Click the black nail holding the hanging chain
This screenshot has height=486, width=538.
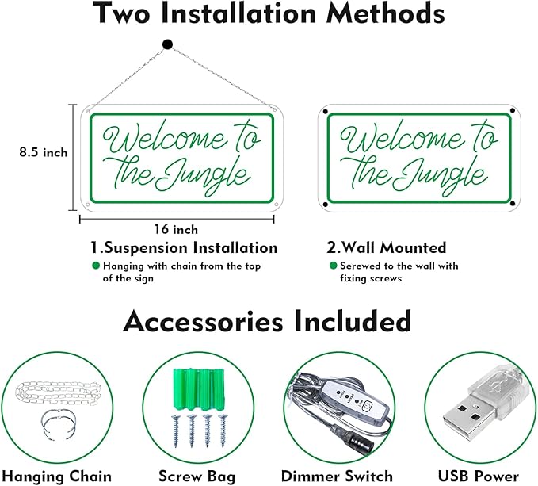point(167,44)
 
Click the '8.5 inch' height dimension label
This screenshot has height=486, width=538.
point(44,152)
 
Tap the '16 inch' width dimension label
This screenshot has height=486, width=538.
point(176,229)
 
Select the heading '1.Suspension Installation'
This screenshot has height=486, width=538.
point(183,248)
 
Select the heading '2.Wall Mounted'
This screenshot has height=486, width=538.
point(387,248)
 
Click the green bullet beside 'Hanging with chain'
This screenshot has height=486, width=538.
point(96,266)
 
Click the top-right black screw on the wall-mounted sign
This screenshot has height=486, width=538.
point(513,111)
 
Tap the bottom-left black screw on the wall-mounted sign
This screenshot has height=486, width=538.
point(325,207)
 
